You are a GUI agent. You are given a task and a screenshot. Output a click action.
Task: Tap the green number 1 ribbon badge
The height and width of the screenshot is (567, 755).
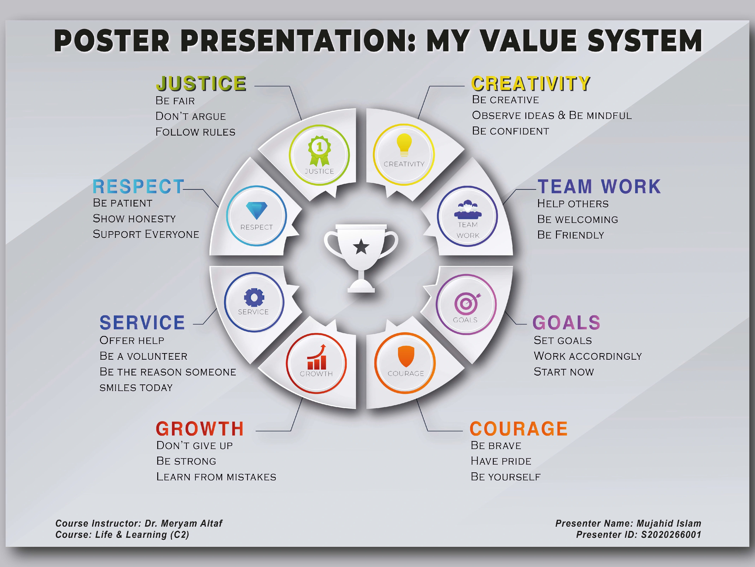(x=320, y=150)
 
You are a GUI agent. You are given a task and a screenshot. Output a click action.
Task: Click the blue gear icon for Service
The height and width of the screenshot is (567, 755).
(x=254, y=297)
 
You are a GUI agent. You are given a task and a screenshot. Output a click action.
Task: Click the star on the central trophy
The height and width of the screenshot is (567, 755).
(x=361, y=247)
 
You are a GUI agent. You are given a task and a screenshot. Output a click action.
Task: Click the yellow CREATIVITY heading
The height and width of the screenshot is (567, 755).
(x=531, y=84)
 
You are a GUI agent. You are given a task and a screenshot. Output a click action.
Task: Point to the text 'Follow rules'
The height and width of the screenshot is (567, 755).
(x=195, y=132)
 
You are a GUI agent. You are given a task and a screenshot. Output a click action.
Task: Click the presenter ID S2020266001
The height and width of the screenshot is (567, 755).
(x=671, y=535)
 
